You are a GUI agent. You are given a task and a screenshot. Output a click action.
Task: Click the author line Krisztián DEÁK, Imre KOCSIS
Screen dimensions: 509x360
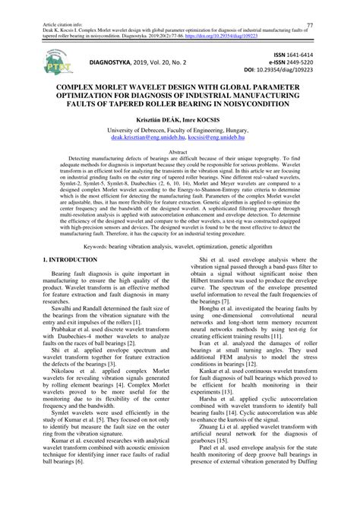(180, 129)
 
